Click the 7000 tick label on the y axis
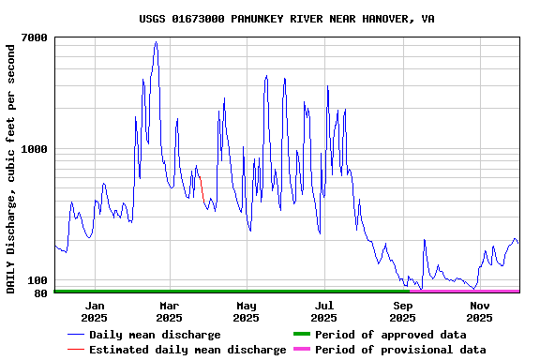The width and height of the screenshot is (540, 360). tap(35, 37)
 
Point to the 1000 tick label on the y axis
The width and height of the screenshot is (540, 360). tap(35, 149)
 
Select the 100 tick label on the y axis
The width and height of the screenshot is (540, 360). tap(37, 280)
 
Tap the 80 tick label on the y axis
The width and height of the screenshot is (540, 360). tap(40, 293)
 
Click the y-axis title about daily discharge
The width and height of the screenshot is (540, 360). tap(11, 166)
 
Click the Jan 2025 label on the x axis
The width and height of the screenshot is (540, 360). tap(94, 311)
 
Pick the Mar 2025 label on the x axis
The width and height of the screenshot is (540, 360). tap(170, 311)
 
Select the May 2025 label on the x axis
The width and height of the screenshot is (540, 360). tap(247, 311)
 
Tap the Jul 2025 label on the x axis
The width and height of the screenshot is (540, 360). tap(323, 311)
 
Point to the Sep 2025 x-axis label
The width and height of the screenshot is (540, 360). tap(402, 311)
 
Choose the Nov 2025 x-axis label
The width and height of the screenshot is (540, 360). tap(479, 311)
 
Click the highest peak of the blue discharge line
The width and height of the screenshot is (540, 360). tap(156, 42)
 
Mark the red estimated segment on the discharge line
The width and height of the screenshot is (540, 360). tap(201, 187)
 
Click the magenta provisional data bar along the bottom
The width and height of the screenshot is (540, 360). tap(464, 292)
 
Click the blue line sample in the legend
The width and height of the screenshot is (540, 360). tap(76, 335)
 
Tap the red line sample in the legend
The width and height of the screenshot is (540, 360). tap(76, 350)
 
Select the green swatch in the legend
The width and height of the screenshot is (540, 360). tap(301, 335)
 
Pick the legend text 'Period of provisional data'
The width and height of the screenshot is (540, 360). tap(400, 350)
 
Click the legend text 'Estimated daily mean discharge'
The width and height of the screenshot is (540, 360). tap(187, 350)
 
